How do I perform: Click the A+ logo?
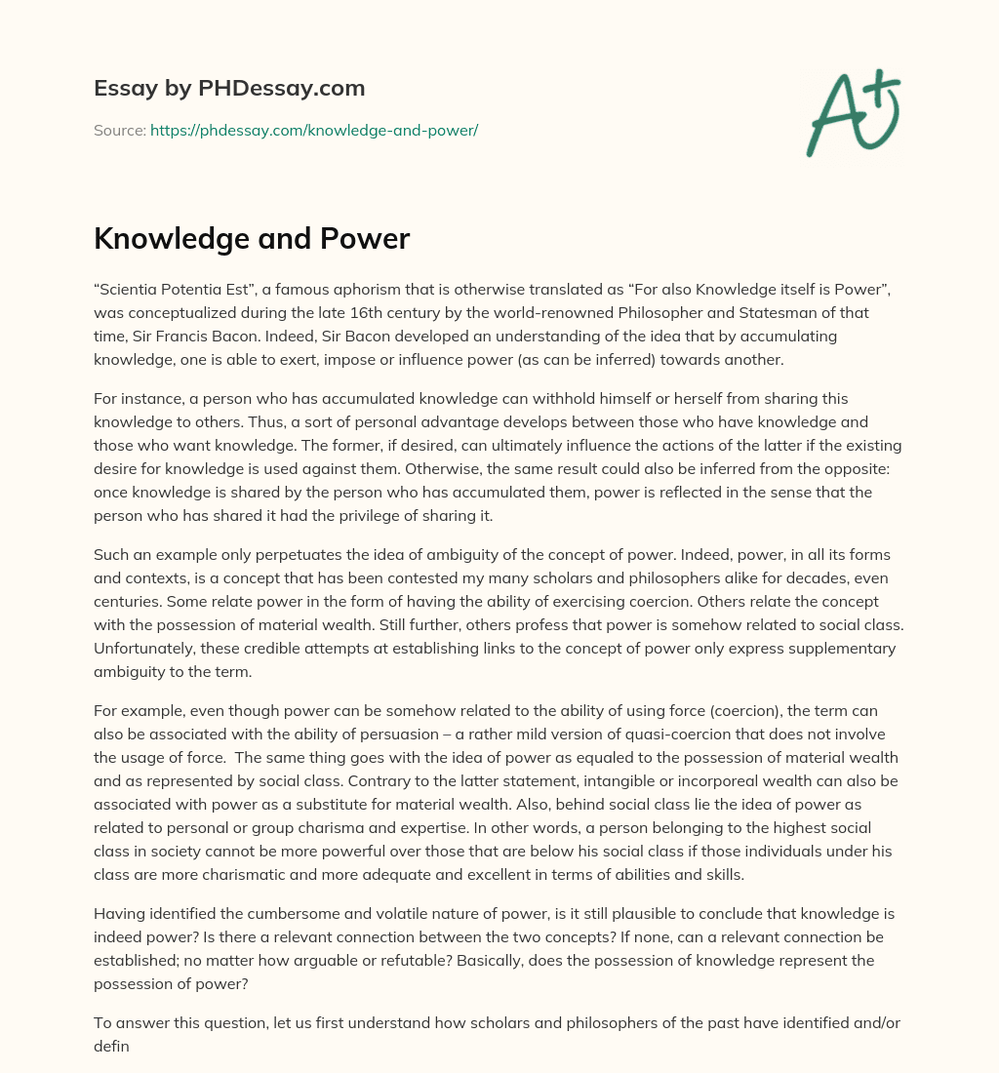click(853, 112)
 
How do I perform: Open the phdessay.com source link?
click(313, 130)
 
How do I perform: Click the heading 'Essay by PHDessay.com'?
click(229, 89)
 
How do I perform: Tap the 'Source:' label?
click(119, 130)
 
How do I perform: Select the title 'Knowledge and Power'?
click(252, 240)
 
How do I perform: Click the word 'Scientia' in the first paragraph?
click(131, 291)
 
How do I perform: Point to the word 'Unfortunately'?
click(144, 648)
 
